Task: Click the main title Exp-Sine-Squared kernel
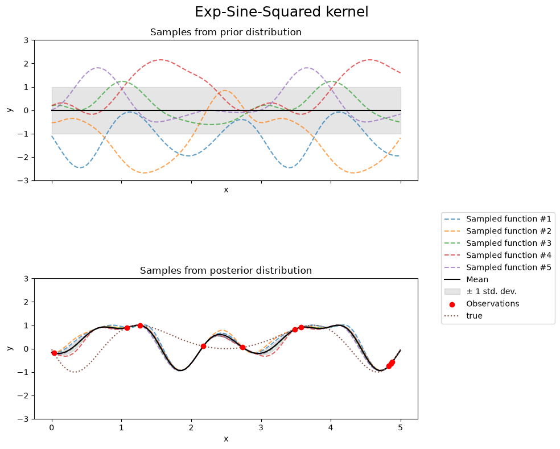282,12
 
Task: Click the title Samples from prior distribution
226,32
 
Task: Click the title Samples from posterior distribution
226,270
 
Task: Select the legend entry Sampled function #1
498,219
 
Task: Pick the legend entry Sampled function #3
498,243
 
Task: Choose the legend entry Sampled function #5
498,267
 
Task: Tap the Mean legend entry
467,279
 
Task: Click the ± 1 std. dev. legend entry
481,291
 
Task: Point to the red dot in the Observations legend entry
452,304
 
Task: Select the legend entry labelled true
464,316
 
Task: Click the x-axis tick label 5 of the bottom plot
400,427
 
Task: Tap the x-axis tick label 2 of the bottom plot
191,427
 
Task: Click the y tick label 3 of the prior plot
26,40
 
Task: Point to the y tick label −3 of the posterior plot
23,419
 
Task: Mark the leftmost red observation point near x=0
54,353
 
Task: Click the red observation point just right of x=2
203,346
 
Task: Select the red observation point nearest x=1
127,328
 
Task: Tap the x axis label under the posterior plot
226,439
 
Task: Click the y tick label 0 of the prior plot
26,111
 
